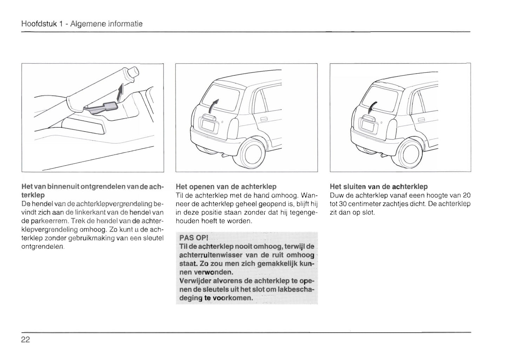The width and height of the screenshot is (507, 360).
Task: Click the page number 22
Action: [x=26, y=339]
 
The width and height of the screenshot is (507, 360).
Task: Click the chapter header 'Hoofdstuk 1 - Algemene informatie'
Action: [x=82, y=24]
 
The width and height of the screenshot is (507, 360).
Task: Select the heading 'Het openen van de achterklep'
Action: [x=226, y=187]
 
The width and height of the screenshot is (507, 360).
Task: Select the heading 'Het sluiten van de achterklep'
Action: [x=379, y=187]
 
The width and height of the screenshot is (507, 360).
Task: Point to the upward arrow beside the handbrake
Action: [x=120, y=93]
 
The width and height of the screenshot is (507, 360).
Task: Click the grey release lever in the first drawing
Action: [x=102, y=107]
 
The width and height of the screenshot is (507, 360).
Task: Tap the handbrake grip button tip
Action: [x=133, y=72]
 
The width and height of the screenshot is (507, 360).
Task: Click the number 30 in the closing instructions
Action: [x=334, y=204]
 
